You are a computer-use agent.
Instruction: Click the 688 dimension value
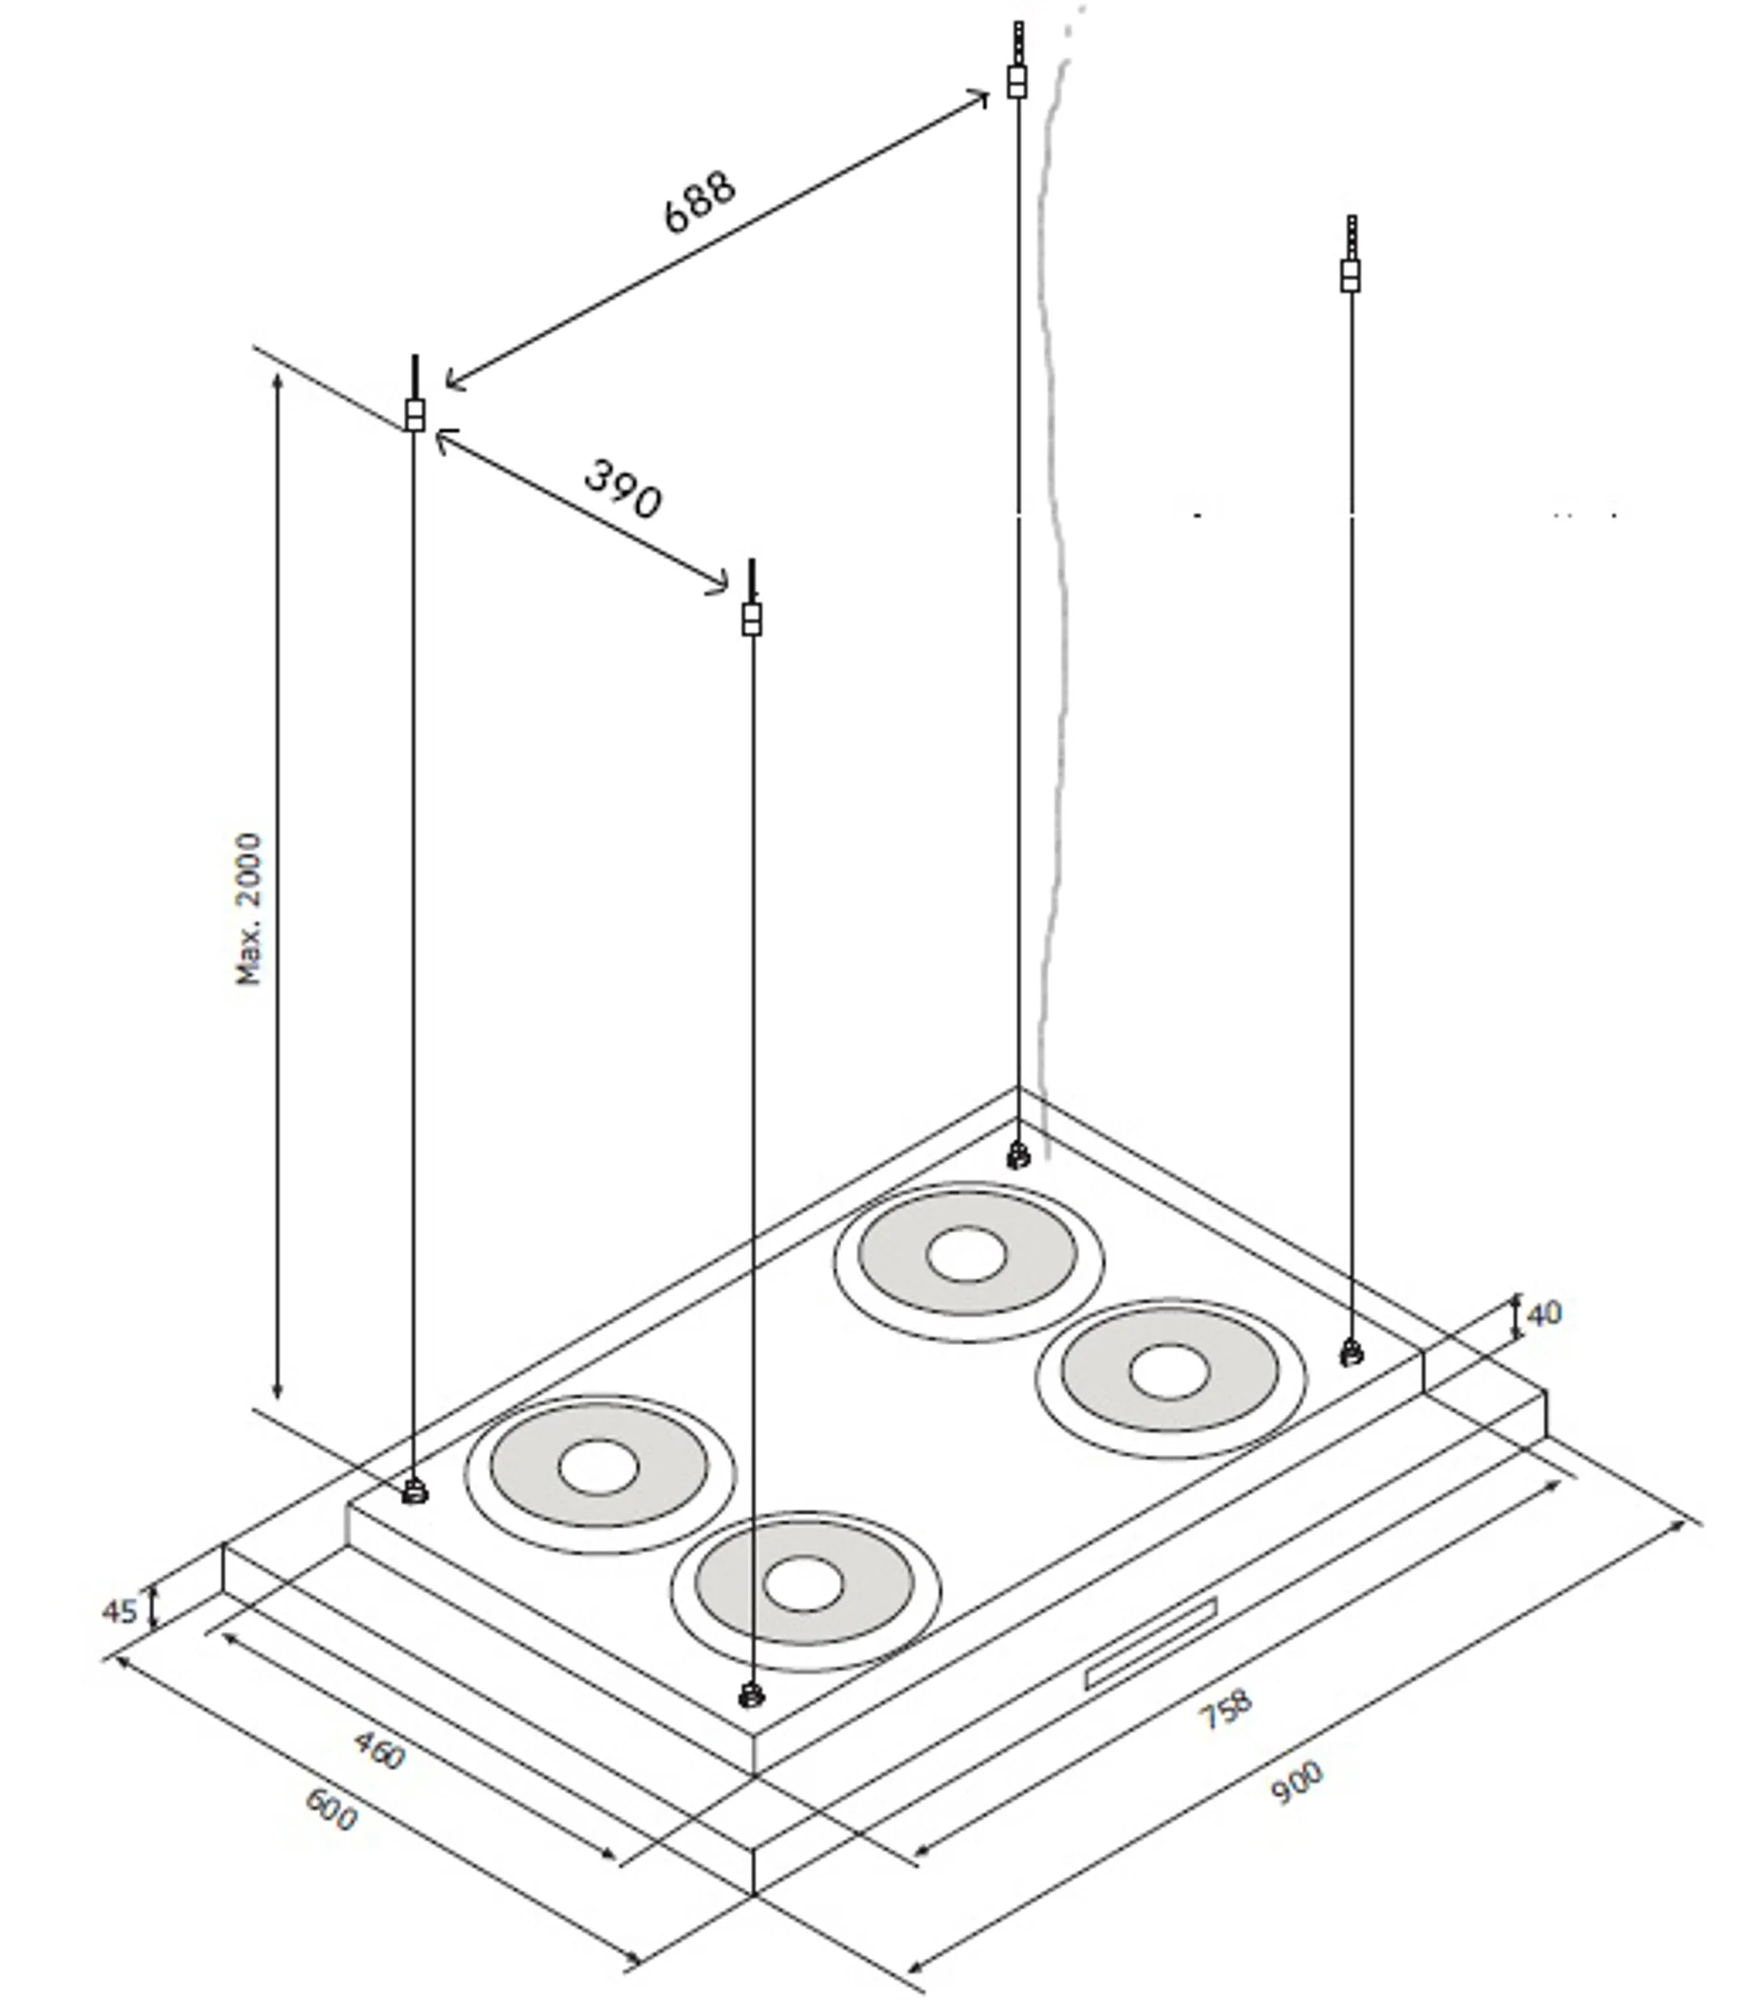click(698, 203)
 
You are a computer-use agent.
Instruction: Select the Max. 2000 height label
click(250, 908)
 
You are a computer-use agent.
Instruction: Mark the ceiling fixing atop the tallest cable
click(1016, 80)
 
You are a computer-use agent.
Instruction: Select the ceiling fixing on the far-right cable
click(1350, 274)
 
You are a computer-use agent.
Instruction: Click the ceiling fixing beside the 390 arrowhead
click(751, 618)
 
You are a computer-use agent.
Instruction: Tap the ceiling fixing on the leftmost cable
click(414, 414)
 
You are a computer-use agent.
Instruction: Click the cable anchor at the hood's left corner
click(414, 1491)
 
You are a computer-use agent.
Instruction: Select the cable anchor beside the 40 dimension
click(1351, 1353)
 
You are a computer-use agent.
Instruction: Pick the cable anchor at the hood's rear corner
click(1017, 1156)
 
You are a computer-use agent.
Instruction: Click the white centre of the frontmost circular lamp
click(803, 1583)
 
